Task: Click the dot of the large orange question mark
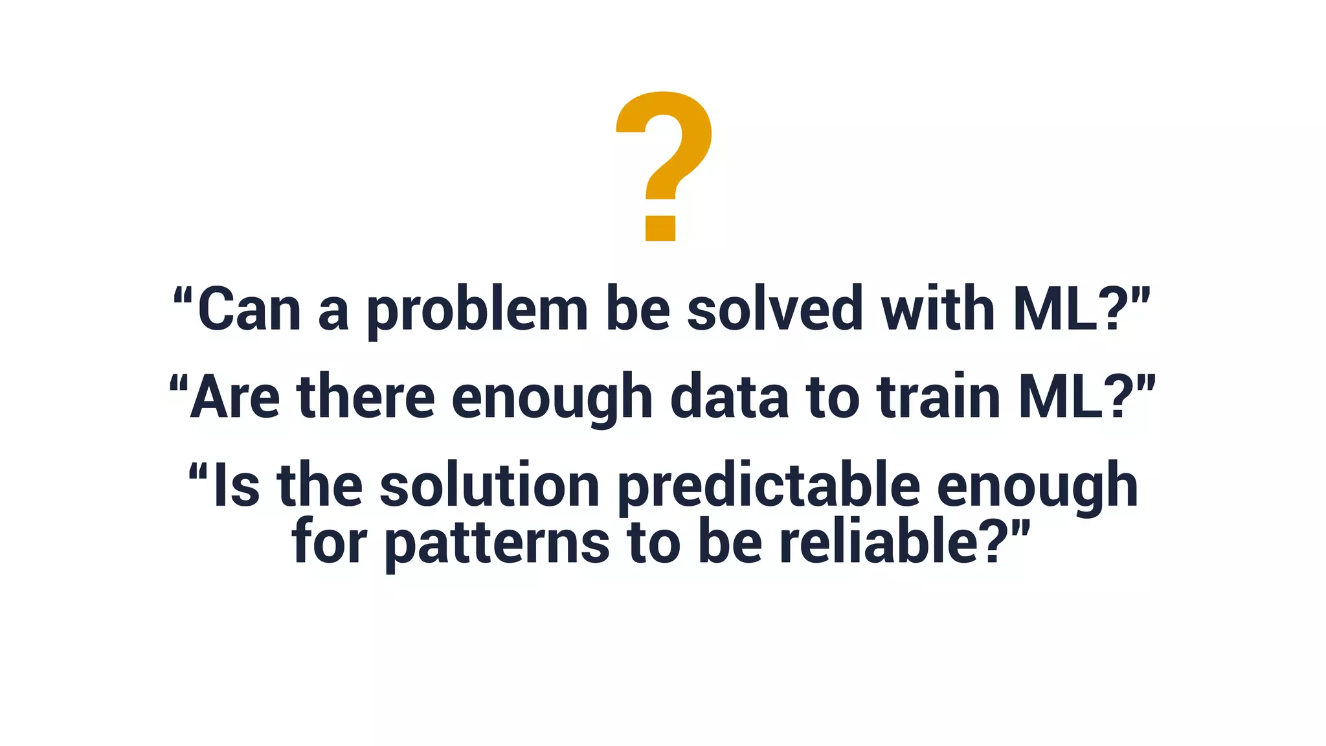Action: pyautogui.click(x=660, y=228)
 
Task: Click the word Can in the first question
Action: pyautogui.click(x=249, y=310)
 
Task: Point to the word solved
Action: pyautogui.click(x=774, y=310)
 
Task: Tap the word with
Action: pyautogui.click(x=938, y=310)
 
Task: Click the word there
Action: pyautogui.click(x=366, y=398)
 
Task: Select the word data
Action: pyautogui.click(x=729, y=398)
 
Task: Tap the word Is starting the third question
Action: pyautogui.click(x=236, y=486)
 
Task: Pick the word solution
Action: pyautogui.click(x=489, y=486)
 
